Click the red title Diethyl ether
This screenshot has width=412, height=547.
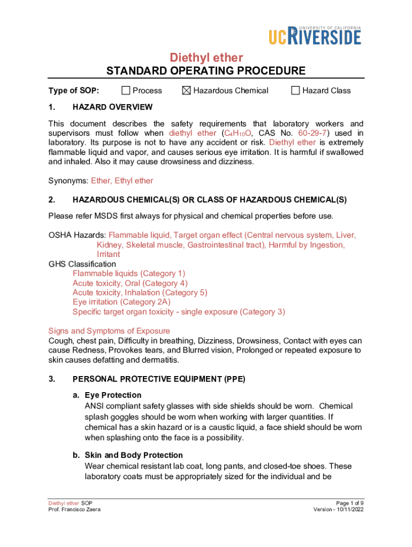(x=206, y=57)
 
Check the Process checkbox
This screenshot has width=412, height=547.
(x=126, y=90)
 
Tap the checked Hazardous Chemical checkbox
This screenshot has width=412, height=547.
(x=186, y=90)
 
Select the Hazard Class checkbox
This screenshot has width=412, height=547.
(x=295, y=90)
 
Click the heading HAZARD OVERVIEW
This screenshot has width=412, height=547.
(x=112, y=107)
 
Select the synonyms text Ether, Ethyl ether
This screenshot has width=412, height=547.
(x=122, y=181)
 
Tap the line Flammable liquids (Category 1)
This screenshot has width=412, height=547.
(x=129, y=273)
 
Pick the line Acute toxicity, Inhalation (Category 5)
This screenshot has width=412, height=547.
(x=140, y=293)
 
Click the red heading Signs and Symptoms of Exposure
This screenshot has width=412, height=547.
(x=109, y=331)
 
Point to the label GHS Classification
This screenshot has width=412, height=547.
(x=82, y=264)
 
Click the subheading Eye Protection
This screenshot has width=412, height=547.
(x=113, y=395)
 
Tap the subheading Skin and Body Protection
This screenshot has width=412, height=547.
(x=134, y=455)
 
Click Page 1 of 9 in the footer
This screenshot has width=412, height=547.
(x=350, y=503)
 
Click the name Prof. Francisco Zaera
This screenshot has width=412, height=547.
(x=74, y=510)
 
